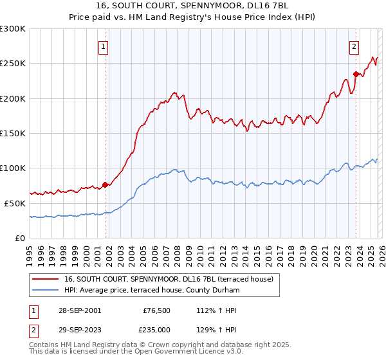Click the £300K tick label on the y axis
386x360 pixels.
click(13, 29)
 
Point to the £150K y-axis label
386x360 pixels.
click(13, 133)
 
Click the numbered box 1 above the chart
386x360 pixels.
click(104, 46)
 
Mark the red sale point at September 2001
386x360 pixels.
click(105, 184)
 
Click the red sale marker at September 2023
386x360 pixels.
click(356, 74)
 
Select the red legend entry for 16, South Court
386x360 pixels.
click(169, 279)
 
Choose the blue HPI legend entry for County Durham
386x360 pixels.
click(152, 291)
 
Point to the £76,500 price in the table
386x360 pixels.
click(157, 310)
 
